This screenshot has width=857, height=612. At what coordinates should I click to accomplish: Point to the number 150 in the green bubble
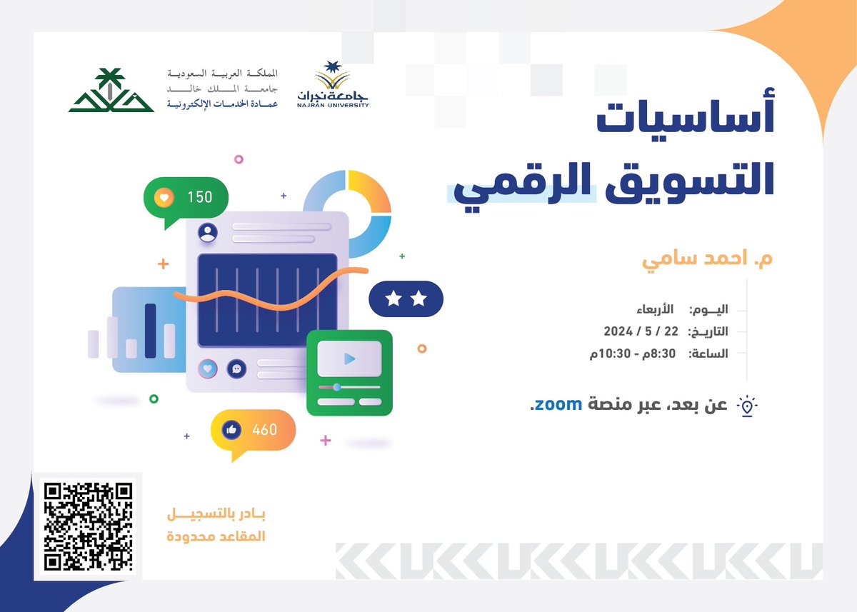pyautogui.click(x=200, y=196)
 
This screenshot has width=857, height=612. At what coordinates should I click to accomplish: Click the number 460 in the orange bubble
pyautogui.click(x=264, y=430)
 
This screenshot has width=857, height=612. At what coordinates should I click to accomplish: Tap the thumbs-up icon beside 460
pyautogui.click(x=231, y=430)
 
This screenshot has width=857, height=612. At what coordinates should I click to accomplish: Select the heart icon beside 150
pyautogui.click(x=165, y=196)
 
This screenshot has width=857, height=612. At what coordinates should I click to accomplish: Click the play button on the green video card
pyautogui.click(x=349, y=358)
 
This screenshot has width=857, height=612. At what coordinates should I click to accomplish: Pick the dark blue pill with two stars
pyautogui.click(x=406, y=299)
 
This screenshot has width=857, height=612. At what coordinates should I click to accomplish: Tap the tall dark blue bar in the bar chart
pyautogui.click(x=150, y=331)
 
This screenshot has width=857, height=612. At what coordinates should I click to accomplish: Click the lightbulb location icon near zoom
pyautogui.click(x=747, y=406)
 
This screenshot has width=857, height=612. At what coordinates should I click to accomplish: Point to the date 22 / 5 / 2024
pyautogui.click(x=641, y=331)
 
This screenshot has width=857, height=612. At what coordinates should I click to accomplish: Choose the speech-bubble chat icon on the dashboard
pyautogui.click(x=236, y=369)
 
